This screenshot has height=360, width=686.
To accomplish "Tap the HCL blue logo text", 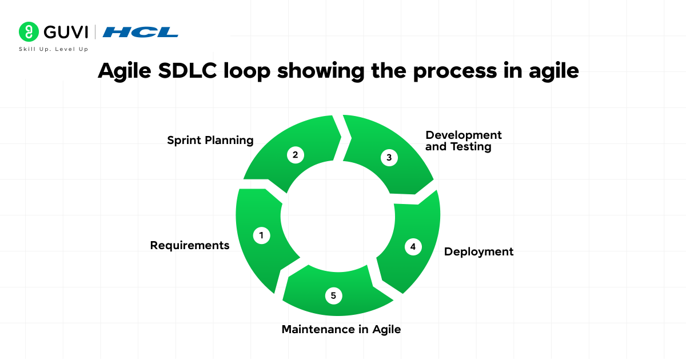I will point(141,32).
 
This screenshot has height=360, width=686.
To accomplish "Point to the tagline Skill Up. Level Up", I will point(54,49).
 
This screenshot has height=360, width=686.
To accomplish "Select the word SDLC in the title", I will point(186,70).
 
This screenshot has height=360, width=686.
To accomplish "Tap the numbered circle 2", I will point(295,155).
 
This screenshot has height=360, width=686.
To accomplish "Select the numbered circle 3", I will point(389,158).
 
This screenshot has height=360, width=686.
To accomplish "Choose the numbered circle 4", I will point(413,247).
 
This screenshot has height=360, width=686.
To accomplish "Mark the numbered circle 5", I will point(333,295).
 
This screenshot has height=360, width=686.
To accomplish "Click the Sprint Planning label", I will point(210,141).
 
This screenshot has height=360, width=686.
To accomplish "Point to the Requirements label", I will point(189,245).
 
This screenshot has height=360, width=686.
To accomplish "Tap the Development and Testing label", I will point(463,141).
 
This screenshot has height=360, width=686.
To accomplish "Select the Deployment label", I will point(478,251).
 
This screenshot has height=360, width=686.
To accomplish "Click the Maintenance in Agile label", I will point(341,329).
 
